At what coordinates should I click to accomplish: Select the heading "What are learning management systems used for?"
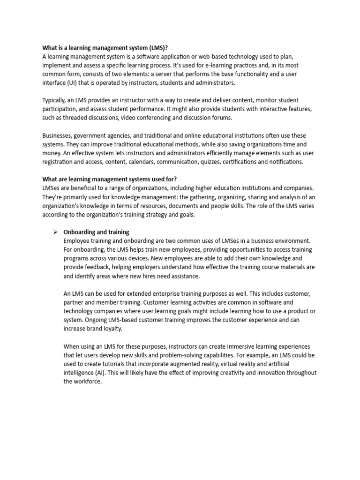[x=110, y=179]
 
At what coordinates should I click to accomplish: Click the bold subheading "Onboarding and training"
[x=96, y=232]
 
